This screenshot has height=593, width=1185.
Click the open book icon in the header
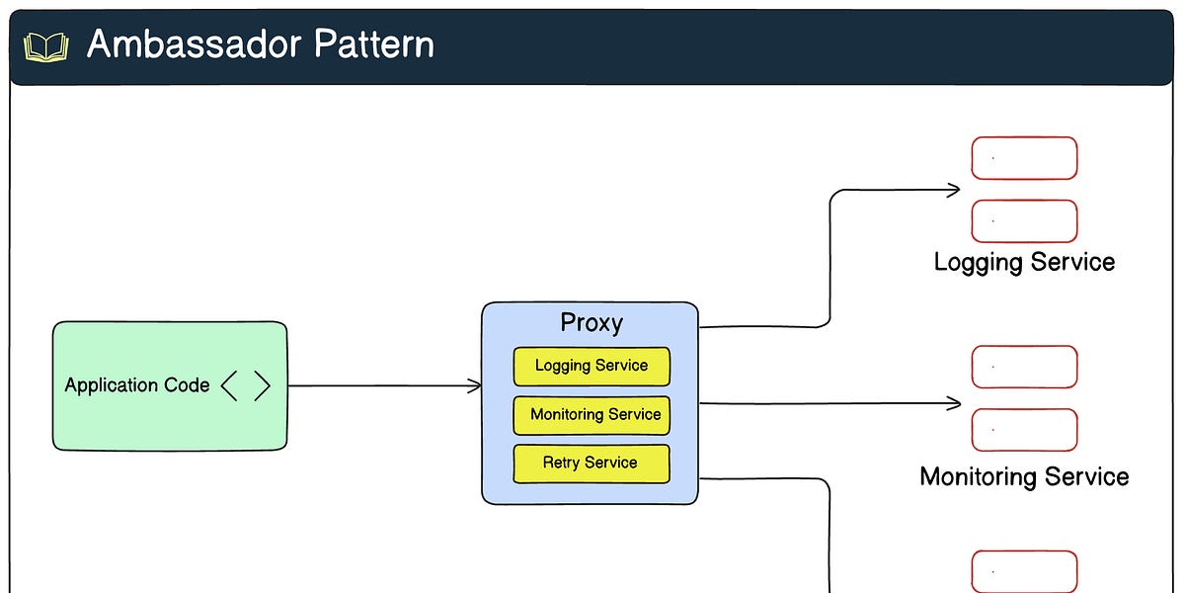tap(45, 46)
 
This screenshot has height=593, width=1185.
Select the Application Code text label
tap(137, 385)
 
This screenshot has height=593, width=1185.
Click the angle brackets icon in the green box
tap(245, 385)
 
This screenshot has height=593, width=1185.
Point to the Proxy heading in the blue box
tap(592, 323)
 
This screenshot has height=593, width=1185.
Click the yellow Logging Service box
tap(592, 366)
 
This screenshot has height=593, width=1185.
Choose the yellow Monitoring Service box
tap(592, 415)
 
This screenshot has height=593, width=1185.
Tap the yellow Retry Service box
tap(592, 463)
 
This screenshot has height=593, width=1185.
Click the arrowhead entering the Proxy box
tap(476, 385)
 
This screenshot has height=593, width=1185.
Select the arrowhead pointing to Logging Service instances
tap(954, 190)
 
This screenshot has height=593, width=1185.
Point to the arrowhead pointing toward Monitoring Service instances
tap(954, 403)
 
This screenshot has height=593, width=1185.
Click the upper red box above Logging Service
tap(1024, 158)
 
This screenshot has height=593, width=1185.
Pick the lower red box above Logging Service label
tap(1024, 221)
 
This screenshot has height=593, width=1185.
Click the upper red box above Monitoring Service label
tap(1024, 367)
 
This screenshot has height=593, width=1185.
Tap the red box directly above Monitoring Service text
tap(1024, 430)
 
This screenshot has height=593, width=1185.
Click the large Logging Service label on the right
tap(1024, 262)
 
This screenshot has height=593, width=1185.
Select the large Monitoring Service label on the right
tap(1024, 476)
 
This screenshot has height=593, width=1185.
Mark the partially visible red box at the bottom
tap(1024, 571)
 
